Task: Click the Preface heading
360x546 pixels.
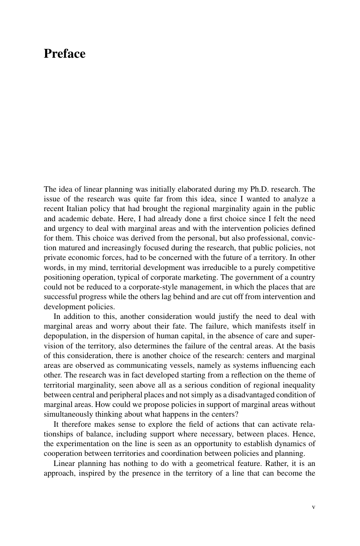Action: (x=64, y=54)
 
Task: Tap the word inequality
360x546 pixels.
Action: (x=297, y=385)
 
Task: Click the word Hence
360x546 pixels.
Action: (x=305, y=434)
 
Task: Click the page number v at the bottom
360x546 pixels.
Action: (x=313, y=507)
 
